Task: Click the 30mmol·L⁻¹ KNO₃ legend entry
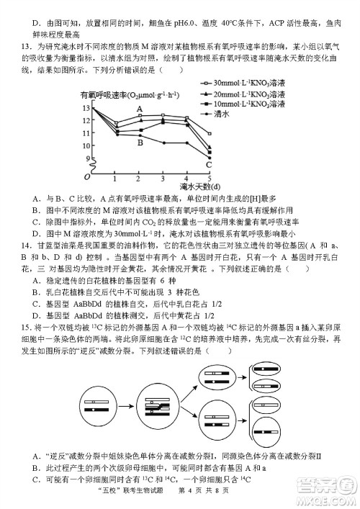(245, 84)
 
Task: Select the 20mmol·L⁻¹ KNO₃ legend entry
(245, 94)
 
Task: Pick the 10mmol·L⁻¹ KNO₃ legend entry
(245, 104)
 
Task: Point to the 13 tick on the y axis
(87, 108)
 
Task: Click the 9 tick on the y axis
(88, 158)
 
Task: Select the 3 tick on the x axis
(163, 178)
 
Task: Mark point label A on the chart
(140, 111)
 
